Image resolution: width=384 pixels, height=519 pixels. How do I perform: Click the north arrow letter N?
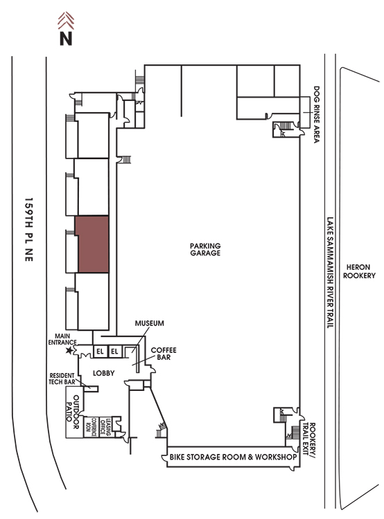(x=66, y=38)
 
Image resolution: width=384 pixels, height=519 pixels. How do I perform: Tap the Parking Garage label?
(x=205, y=249)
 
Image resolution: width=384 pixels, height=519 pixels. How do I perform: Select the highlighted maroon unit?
(x=92, y=244)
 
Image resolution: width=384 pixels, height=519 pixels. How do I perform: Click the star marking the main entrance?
(x=69, y=350)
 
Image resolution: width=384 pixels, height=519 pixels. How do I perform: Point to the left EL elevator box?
(x=100, y=352)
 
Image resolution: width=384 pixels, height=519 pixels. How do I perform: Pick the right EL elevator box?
(x=114, y=352)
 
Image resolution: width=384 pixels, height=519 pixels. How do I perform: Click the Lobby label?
(x=104, y=373)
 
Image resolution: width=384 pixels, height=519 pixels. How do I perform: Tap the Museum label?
(x=149, y=323)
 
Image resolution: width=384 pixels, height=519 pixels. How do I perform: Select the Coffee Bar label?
(x=164, y=354)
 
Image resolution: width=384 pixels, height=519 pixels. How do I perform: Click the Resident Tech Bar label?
(x=62, y=379)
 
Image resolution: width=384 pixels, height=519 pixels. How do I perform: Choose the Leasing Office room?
(x=105, y=427)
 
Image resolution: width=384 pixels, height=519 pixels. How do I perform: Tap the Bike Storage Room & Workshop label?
(x=233, y=457)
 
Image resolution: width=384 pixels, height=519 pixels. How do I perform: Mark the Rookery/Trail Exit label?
(x=309, y=441)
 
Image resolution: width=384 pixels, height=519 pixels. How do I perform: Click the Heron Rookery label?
(x=359, y=271)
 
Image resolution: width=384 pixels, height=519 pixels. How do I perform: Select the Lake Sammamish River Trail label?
(x=330, y=273)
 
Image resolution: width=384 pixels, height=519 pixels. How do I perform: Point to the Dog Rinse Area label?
(x=317, y=114)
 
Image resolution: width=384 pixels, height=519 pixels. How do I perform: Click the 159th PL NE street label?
(x=29, y=229)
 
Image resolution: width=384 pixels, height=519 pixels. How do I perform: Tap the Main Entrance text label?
(x=62, y=339)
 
